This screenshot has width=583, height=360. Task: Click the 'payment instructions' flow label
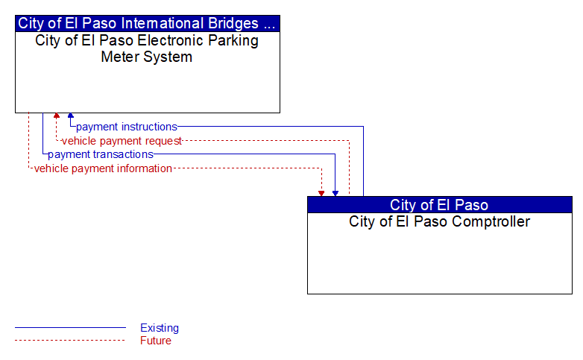coord(127,127)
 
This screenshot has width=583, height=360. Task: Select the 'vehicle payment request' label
coord(122,141)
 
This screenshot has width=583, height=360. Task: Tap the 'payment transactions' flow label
coord(101,154)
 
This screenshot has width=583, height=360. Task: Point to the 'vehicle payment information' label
coord(103,168)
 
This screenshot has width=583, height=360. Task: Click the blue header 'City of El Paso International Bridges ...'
coord(147,23)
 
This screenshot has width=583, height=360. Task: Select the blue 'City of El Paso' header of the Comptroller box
coord(439,204)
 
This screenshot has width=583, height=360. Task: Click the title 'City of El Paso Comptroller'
coord(439,221)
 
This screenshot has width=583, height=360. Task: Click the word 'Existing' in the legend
coord(160,328)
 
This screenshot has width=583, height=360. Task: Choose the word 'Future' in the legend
coord(156,341)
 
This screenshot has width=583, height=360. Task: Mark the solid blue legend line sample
coord(70,328)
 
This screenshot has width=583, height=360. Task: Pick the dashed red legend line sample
coord(70,340)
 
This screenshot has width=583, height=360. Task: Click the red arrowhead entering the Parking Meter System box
coord(57,116)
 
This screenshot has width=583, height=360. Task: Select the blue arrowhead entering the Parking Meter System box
coord(71,116)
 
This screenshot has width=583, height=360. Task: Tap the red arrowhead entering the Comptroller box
coord(321,194)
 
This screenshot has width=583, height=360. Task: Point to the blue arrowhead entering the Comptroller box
coord(335,194)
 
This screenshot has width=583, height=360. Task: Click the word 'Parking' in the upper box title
coord(233,41)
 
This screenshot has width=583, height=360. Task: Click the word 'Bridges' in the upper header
coord(233,23)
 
